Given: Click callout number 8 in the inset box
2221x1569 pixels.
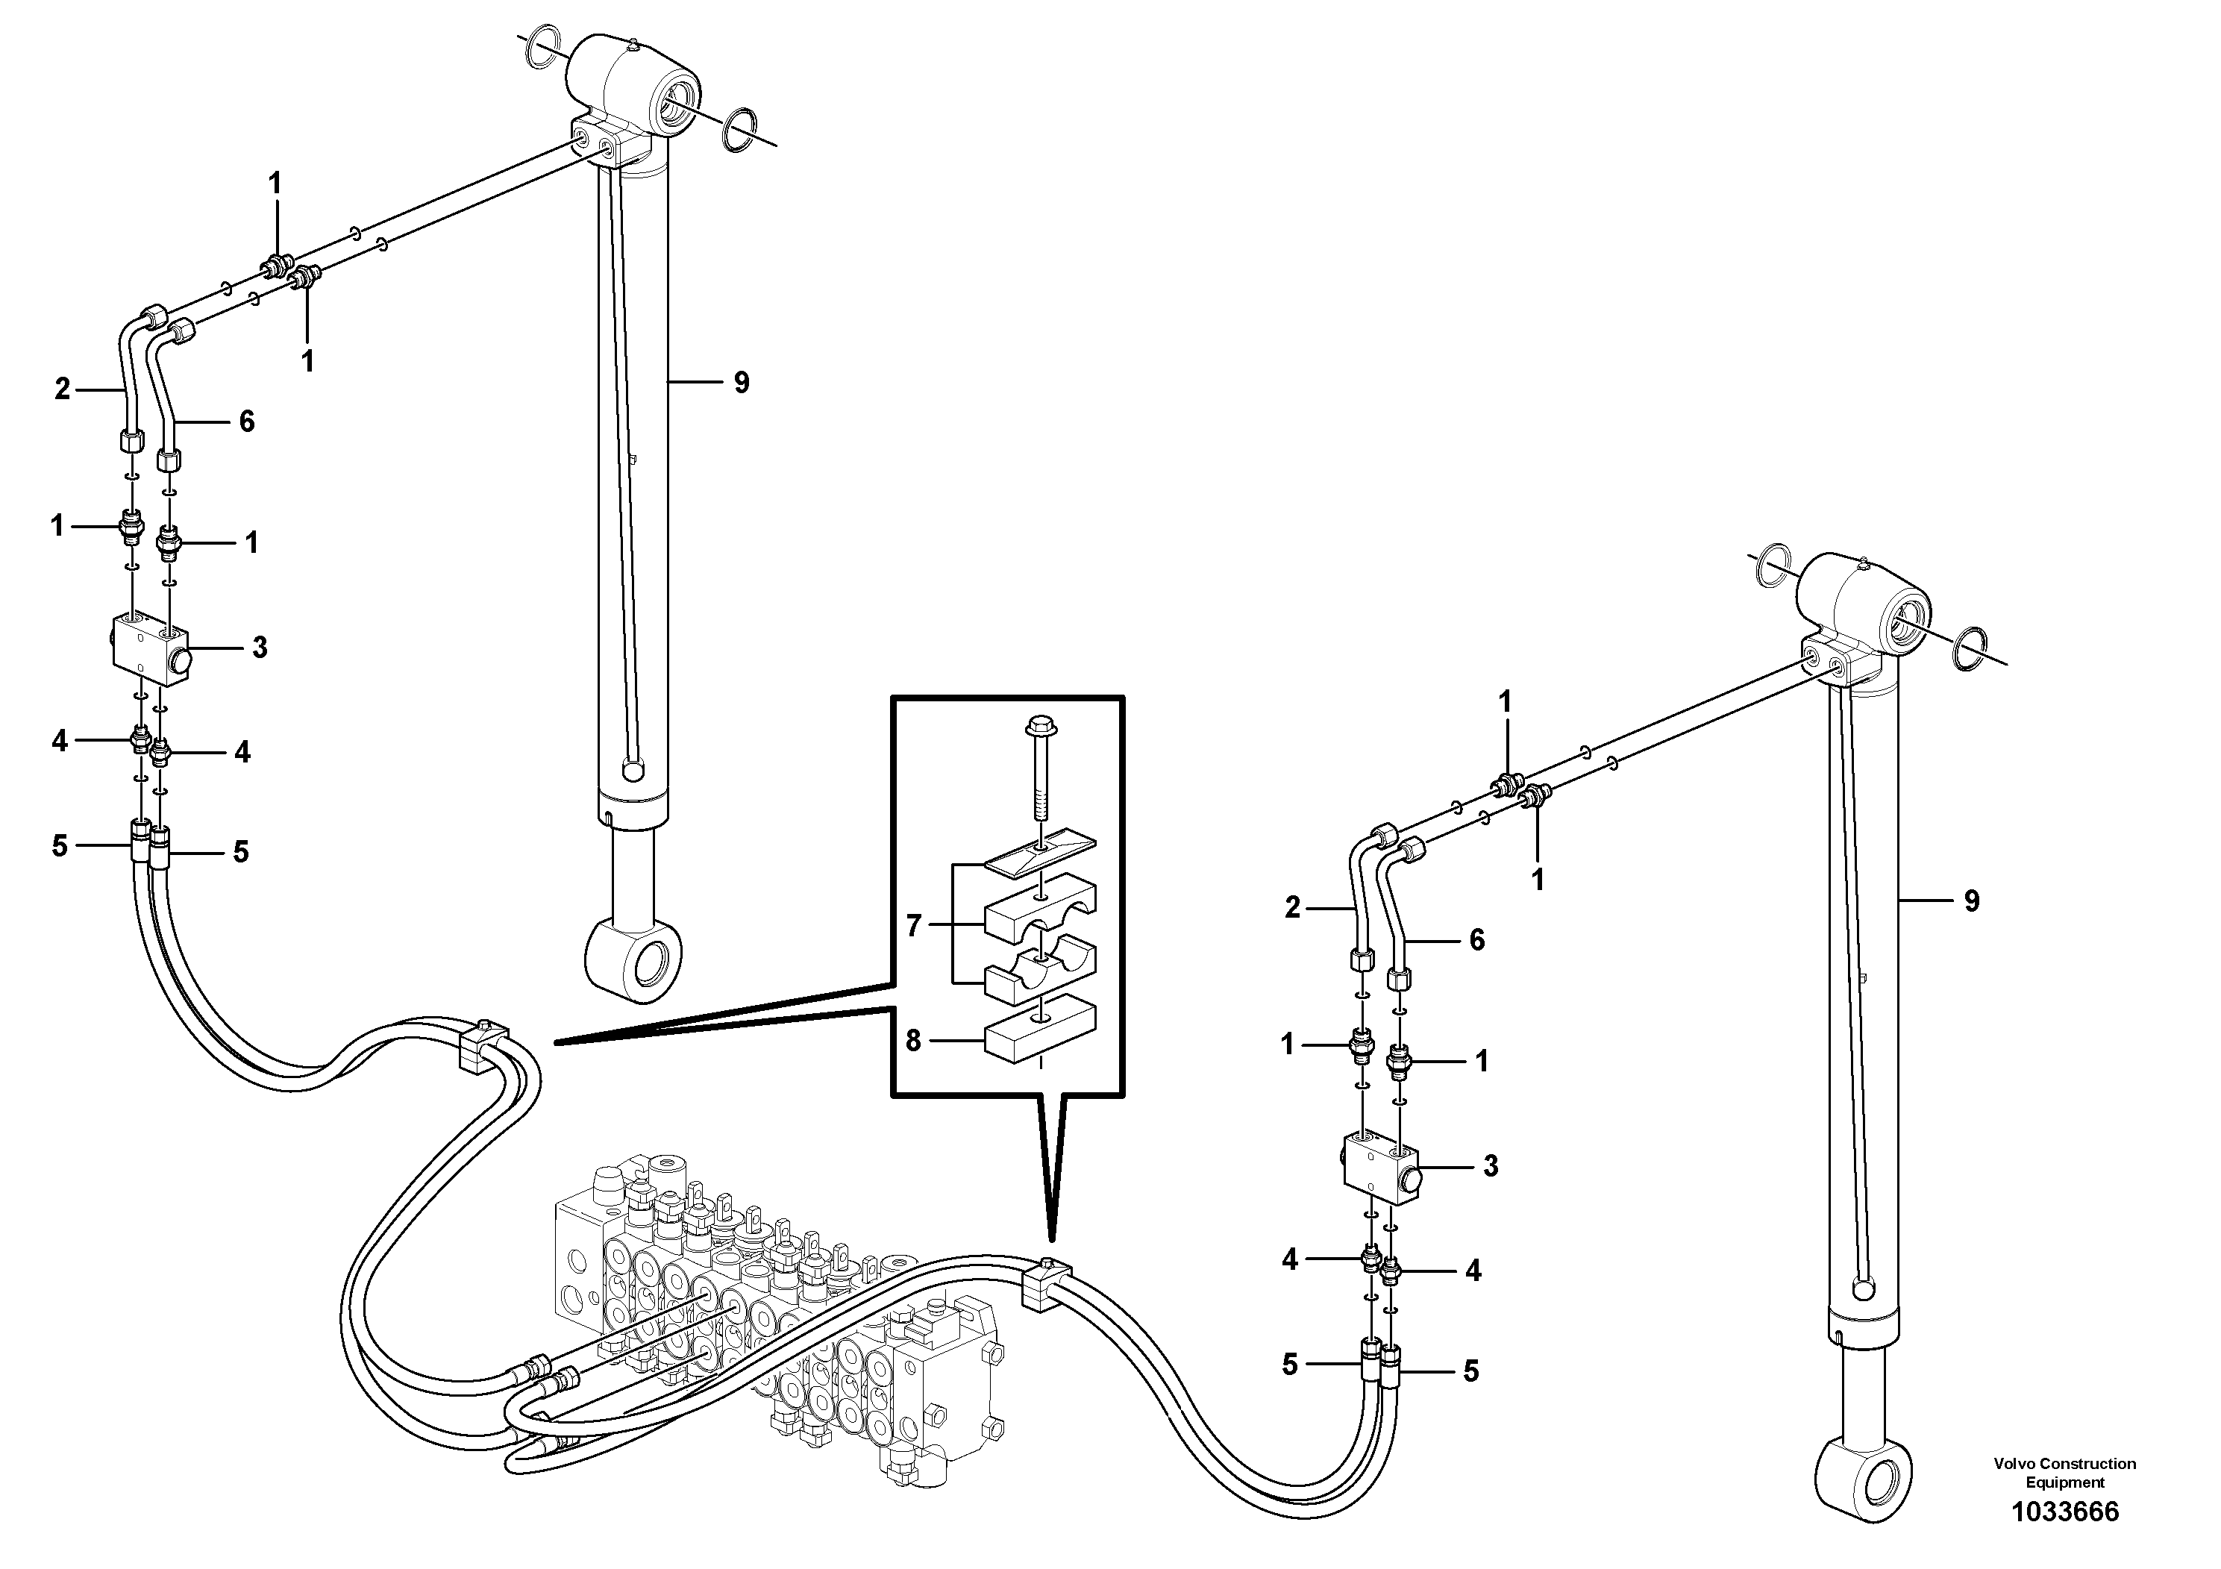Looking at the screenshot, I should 913,1041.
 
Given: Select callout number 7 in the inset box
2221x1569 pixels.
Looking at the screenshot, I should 913,926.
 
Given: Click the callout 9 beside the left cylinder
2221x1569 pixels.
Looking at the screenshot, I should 741,383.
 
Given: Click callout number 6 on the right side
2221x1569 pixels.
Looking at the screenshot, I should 1476,939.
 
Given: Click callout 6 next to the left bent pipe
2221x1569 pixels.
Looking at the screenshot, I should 247,422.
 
